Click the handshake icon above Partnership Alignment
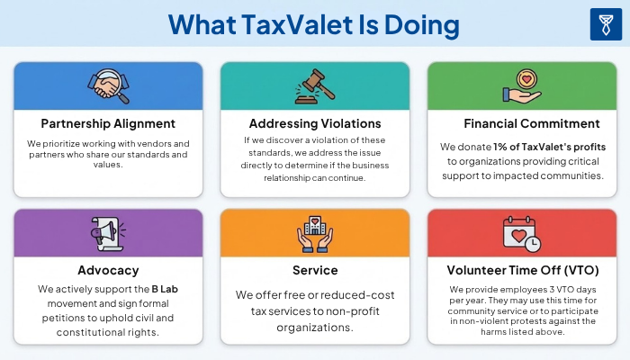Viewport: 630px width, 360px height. (108, 86)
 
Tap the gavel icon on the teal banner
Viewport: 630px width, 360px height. (314, 86)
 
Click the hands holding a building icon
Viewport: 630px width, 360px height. (314, 235)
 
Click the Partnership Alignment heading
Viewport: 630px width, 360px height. (108, 123)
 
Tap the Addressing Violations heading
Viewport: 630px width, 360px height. (314, 123)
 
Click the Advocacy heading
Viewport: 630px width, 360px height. (108, 270)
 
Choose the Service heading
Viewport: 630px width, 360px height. (314, 270)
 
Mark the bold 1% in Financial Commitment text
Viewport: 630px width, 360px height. (502, 147)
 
